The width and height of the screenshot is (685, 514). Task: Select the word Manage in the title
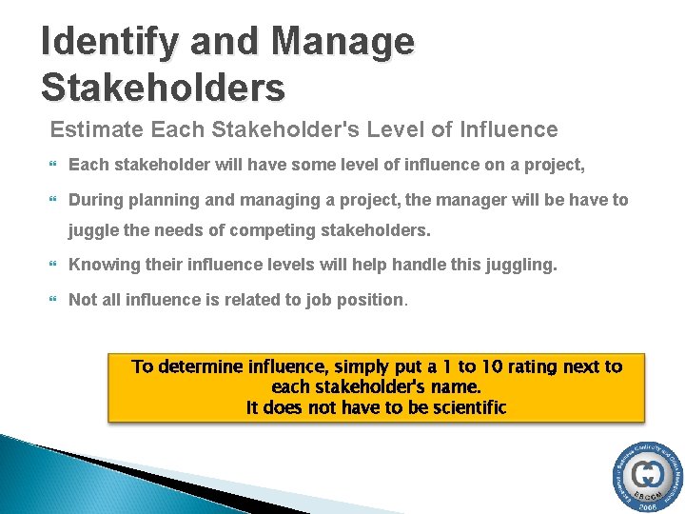click(343, 42)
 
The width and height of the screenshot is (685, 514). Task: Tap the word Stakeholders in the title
click(163, 87)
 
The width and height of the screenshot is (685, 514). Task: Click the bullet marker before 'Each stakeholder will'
click(54, 166)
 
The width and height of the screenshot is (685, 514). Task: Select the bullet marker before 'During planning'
click(54, 201)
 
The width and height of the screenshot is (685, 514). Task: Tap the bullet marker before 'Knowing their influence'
click(54, 266)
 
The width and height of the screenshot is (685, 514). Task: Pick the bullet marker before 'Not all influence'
click(54, 301)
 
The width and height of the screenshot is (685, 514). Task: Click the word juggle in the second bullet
click(93, 230)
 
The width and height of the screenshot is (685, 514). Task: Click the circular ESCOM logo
click(647, 476)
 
